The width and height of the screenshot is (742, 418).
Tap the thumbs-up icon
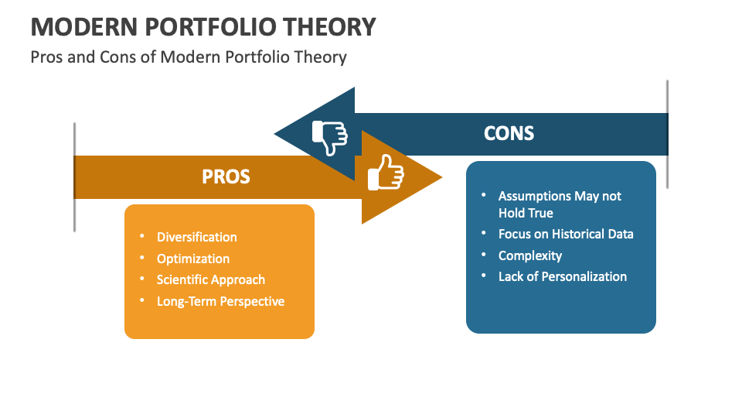(386, 172)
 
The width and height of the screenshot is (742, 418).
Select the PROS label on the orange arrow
(226, 176)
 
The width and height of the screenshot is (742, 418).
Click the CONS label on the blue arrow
(509, 133)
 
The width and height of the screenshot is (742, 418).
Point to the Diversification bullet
(196, 237)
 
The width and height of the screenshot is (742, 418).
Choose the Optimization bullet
(192, 259)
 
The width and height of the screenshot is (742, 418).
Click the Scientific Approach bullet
(210, 279)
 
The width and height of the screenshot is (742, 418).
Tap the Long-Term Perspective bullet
(220, 301)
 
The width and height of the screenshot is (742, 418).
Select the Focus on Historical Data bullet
(565, 234)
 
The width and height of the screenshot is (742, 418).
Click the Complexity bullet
(529, 255)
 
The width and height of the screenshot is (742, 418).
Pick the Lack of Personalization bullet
(562, 276)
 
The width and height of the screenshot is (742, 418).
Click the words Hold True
(526, 213)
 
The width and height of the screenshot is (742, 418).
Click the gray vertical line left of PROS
(74, 176)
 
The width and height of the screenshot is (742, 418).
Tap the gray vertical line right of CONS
(667, 133)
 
